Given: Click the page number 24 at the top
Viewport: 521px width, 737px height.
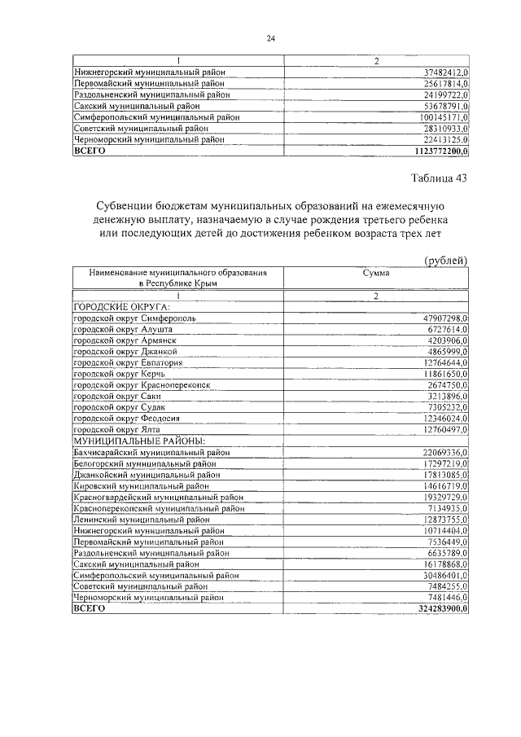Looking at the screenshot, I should coord(271,38).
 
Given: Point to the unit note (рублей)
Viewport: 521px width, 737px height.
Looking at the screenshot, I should coord(445,260).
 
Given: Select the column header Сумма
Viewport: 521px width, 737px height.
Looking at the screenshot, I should coord(376,274).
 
